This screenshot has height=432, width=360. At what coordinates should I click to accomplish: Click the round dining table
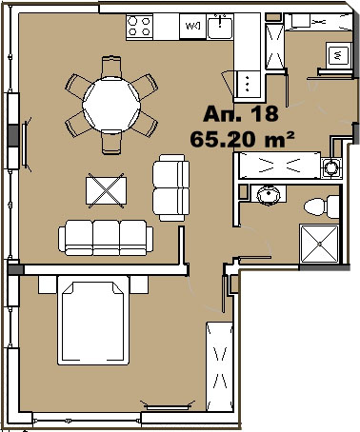tap(111, 105)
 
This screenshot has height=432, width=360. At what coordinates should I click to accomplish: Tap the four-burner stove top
tap(139, 27)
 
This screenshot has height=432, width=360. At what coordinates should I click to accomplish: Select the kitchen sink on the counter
tap(220, 27)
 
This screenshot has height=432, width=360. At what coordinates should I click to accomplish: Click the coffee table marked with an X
tap(106, 190)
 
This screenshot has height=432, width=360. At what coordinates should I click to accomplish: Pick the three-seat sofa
tap(106, 237)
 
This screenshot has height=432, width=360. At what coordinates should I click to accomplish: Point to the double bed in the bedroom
tap(93, 321)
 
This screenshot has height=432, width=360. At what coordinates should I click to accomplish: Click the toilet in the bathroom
tap(321, 206)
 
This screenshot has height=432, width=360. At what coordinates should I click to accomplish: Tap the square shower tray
tap(319, 244)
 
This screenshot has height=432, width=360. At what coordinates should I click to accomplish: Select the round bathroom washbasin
tap(269, 195)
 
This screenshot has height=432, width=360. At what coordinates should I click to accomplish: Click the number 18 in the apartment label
tap(264, 114)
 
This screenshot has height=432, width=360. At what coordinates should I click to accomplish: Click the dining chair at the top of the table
tap(111, 67)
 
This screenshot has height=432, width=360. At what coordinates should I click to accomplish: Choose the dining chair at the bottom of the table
tap(111, 142)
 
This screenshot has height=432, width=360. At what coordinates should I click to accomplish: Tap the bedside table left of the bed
tap(48, 285)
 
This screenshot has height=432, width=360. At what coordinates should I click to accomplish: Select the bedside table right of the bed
tap(139, 285)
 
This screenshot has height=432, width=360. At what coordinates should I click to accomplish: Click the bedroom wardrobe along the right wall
tap(219, 366)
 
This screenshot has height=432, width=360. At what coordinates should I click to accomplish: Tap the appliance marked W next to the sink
tap(192, 27)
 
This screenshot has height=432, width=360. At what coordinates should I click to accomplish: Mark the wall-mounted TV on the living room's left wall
tap(25, 145)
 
